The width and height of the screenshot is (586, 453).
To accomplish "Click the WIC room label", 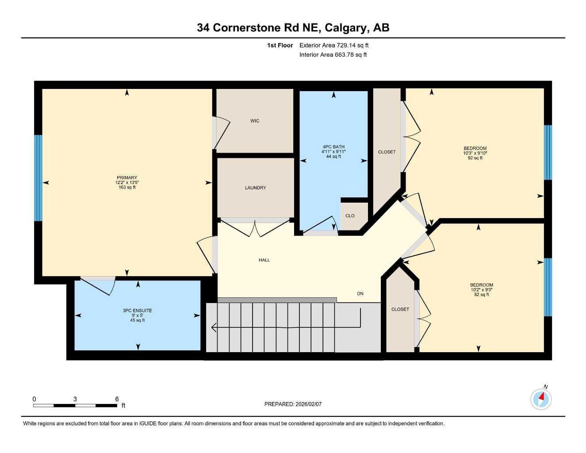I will pos(255,121).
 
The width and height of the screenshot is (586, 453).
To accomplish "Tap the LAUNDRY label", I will pos(256,188).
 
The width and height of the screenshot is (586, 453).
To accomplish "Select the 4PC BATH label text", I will pos(333,147).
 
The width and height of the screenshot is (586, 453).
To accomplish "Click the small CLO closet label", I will pos(350,216).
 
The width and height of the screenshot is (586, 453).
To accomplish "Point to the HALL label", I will pos(264,260).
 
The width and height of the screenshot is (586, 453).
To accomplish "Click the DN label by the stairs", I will pos(360,294).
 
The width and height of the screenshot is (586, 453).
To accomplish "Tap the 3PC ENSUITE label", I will pos(138,311).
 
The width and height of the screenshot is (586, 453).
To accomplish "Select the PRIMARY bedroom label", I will pos(127,178).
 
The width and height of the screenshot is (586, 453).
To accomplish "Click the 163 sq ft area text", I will pos(127,188).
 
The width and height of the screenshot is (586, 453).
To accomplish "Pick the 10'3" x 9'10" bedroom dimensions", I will pos(475,153).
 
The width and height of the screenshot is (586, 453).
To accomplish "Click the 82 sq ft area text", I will pos(482,295).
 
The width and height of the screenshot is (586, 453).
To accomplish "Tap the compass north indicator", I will pos(541,399).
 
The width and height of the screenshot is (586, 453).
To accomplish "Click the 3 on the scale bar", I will pos(75,399).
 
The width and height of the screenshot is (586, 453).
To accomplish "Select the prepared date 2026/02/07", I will pos(308,404).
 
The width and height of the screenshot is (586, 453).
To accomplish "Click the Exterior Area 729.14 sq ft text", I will pos(334,45).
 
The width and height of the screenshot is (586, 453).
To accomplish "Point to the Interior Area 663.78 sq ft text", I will pos(333,55).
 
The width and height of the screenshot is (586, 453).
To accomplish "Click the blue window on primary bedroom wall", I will pos(38,178).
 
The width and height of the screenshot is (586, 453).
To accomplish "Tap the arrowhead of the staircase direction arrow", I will pos(214,328).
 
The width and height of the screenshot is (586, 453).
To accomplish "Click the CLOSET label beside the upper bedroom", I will pos(387,152).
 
